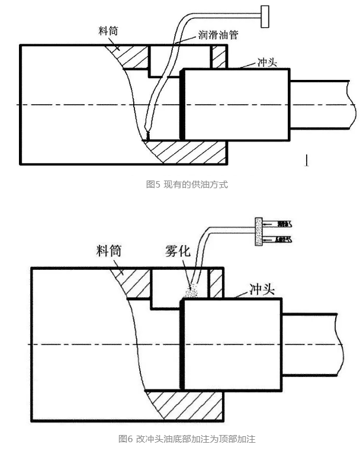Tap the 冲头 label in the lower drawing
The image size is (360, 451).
click(259, 291)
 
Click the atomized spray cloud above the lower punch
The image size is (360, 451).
click(191, 291)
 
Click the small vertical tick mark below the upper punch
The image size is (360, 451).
click(306, 160)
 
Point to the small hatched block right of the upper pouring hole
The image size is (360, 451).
click(219, 57)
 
